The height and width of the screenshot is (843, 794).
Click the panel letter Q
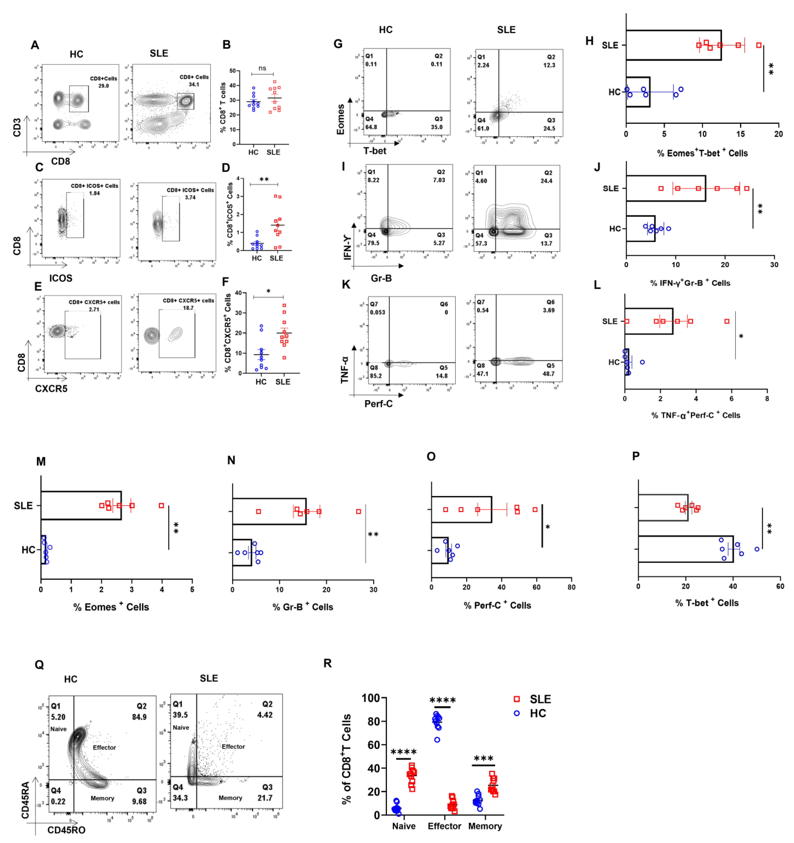[39, 664]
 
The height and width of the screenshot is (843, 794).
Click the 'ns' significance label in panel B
[262, 68]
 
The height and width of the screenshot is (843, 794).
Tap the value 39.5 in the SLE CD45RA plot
[180, 715]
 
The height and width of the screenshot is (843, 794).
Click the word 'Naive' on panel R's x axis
[404, 826]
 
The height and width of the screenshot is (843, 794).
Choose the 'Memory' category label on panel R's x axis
[485, 826]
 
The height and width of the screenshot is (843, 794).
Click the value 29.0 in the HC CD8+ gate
[103, 86]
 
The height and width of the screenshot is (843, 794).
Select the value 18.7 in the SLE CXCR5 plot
[188, 308]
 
